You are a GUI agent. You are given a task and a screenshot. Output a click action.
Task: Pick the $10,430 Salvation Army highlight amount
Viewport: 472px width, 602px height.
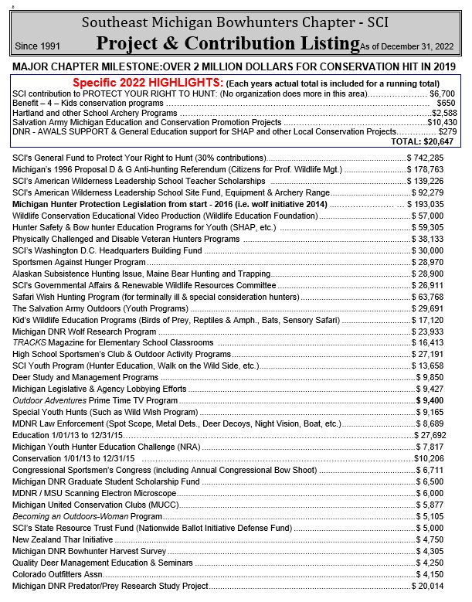point(442,122)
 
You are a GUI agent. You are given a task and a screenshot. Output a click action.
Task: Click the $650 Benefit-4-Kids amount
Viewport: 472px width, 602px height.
point(446,103)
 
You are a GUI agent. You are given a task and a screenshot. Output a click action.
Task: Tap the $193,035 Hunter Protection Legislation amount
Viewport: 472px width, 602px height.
point(428,204)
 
